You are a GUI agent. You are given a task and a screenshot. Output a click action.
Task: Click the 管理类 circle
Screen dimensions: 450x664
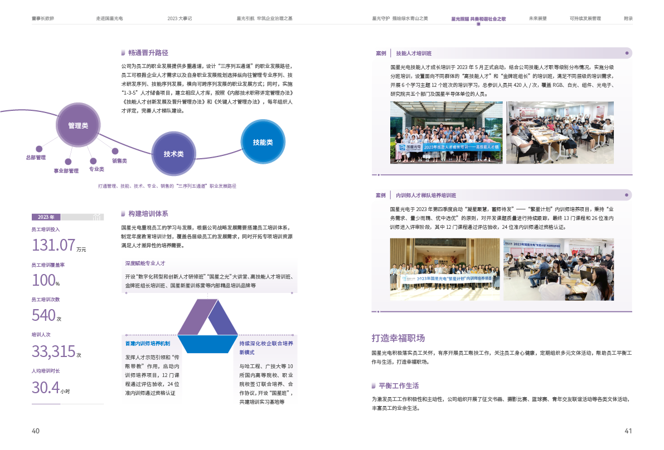tap(77, 126)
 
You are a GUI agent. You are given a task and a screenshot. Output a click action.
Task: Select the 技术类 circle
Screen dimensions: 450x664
tap(173, 154)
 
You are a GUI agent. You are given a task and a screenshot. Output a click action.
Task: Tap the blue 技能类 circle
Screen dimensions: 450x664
tap(263, 142)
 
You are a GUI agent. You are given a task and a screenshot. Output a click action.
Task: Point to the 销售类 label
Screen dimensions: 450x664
tap(119, 161)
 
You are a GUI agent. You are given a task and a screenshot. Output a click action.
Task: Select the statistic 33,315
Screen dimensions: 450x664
tap(54, 351)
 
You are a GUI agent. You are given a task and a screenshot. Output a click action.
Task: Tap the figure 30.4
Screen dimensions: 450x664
tap(46, 387)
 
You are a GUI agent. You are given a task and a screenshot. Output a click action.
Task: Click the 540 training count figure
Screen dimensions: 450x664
tap(43, 316)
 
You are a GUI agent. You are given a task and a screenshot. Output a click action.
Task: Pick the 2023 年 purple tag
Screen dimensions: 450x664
tap(46, 217)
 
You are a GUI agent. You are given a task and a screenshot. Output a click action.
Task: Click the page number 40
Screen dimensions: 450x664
tap(36, 431)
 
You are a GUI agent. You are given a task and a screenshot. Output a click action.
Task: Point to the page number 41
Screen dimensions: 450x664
tap(628, 431)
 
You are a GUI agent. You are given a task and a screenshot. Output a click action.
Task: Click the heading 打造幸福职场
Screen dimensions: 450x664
tap(398, 338)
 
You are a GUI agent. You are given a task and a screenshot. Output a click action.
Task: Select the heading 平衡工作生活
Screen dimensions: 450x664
tap(398, 385)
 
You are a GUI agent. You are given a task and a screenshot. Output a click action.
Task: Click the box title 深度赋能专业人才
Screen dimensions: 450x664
tap(146, 263)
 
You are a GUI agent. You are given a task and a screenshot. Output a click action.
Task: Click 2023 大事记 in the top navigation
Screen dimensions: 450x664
tap(180, 18)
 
